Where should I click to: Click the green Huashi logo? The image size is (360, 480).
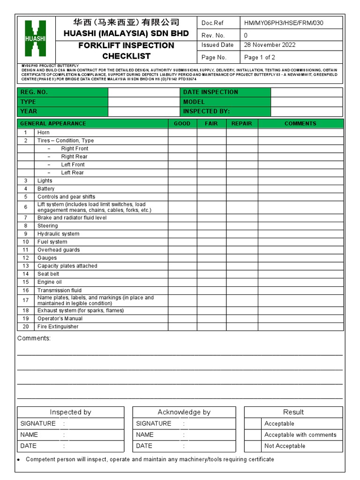(x=36, y=39)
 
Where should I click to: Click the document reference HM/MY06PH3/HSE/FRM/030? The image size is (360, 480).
(x=283, y=23)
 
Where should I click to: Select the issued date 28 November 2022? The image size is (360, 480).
(x=270, y=45)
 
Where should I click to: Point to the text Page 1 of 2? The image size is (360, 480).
(x=260, y=57)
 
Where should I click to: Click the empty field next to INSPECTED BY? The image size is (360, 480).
(x=307, y=112)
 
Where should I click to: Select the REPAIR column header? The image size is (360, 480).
(x=242, y=124)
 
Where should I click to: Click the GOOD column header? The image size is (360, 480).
(x=182, y=124)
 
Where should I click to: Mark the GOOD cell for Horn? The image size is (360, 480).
(x=182, y=133)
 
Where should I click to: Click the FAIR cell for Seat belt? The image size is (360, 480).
(x=211, y=274)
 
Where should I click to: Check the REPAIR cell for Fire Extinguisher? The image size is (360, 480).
(x=242, y=327)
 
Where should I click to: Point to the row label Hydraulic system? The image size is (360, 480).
(x=59, y=234)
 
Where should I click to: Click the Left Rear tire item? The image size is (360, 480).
(x=72, y=172)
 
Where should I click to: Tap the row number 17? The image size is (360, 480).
(x=26, y=300)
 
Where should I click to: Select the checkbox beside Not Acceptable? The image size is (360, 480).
(x=253, y=446)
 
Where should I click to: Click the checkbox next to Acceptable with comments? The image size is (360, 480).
(x=253, y=435)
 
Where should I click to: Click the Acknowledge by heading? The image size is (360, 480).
(x=184, y=412)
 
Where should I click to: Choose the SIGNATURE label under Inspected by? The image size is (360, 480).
(x=38, y=424)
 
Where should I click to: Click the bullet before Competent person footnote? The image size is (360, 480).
(x=19, y=460)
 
